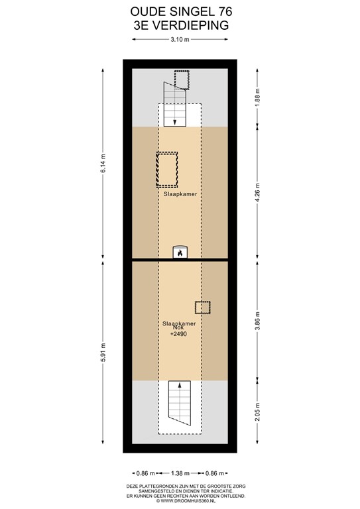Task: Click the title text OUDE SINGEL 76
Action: (180, 11)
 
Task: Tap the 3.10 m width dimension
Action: (180, 40)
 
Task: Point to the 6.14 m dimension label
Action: (103, 164)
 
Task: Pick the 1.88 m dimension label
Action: (257, 98)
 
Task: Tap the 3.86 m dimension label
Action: (257, 320)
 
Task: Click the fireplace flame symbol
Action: (179, 252)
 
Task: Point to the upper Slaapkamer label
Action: (180, 195)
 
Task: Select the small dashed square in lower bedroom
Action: (202, 308)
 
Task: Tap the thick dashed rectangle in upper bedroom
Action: (167, 169)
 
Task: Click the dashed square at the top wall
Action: (181, 79)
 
